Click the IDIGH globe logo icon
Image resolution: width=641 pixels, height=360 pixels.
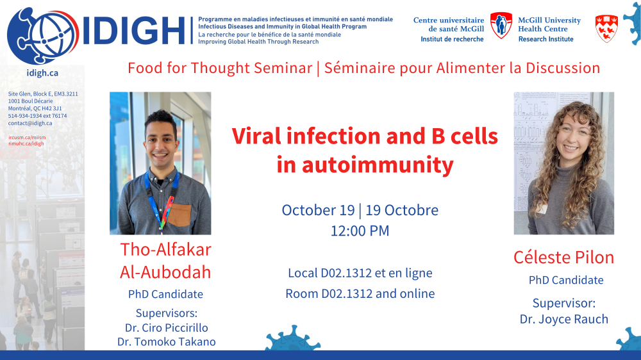coord(43,36)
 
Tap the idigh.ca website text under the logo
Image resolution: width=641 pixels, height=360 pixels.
coord(42,73)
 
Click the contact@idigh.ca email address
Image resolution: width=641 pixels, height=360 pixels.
coord(30,123)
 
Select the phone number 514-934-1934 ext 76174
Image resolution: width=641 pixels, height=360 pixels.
coord(38,116)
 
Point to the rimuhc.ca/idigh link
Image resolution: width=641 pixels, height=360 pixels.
coord(26,143)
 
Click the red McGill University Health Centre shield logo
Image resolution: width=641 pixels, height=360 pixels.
coord(501,26)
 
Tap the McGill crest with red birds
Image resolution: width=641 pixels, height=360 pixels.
coord(606,29)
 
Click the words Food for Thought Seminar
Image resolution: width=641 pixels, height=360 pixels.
coord(220,68)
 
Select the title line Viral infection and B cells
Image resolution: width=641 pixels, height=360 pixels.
coord(365,136)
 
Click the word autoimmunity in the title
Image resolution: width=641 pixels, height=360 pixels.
coord(378,165)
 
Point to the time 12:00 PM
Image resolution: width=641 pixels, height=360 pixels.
coord(360,231)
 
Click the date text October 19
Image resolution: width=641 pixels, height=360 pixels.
coord(318,210)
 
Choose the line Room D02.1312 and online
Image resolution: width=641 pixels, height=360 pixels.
coord(360,293)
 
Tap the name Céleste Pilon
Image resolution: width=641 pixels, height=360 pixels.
coord(563,257)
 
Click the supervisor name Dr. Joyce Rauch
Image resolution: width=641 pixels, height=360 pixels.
coord(563,319)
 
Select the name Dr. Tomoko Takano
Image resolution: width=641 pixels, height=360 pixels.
coord(167,341)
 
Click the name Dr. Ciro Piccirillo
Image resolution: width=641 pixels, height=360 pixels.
coord(167,328)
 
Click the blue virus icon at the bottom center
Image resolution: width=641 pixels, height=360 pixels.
coord(293,338)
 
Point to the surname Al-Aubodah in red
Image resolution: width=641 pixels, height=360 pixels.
coord(165,272)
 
